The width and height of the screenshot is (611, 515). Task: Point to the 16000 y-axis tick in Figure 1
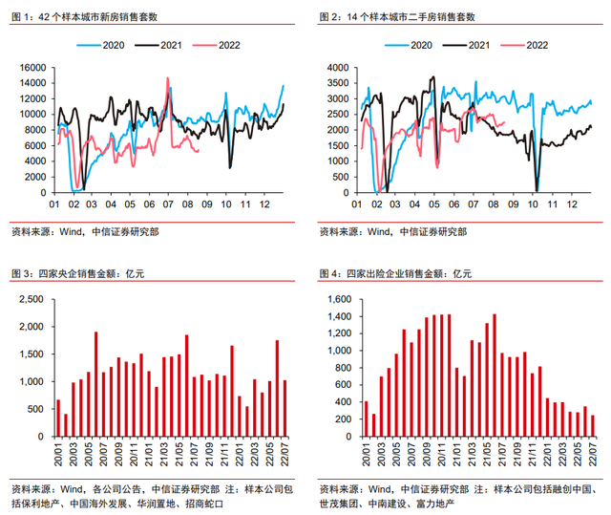point(32,68)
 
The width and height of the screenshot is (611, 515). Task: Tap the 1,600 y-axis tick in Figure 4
point(340,299)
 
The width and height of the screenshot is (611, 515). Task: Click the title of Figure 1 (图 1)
point(85,17)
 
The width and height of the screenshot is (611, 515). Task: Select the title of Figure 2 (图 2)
point(396,17)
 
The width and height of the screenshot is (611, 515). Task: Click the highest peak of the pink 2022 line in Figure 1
point(168,80)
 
